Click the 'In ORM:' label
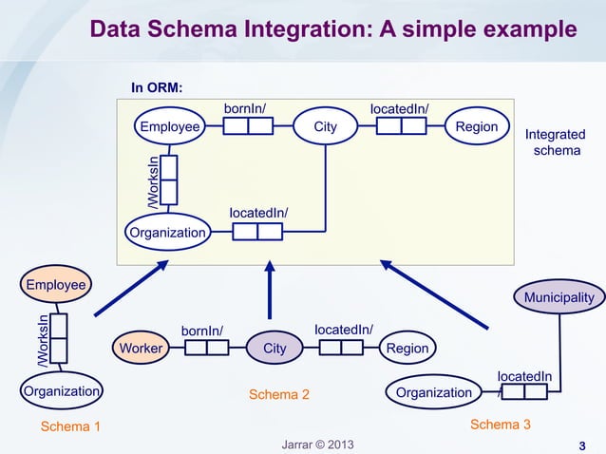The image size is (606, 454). (x=157, y=88)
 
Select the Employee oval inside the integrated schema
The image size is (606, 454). (x=170, y=126)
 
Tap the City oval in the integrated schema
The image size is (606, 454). (x=326, y=126)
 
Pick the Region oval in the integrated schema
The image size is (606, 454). (x=477, y=126)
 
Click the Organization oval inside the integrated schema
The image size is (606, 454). (x=167, y=233)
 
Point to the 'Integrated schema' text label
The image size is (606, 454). (x=555, y=143)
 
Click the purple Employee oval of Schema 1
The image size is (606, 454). (x=55, y=284)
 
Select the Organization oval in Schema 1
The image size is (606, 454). (x=61, y=390)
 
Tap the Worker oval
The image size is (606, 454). (x=140, y=349)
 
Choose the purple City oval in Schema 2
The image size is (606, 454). (x=275, y=349)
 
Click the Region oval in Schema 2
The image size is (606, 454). (x=407, y=349)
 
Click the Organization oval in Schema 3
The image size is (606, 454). (x=433, y=392)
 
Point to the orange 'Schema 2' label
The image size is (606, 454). (x=278, y=393)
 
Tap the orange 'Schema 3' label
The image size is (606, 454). (x=500, y=424)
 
